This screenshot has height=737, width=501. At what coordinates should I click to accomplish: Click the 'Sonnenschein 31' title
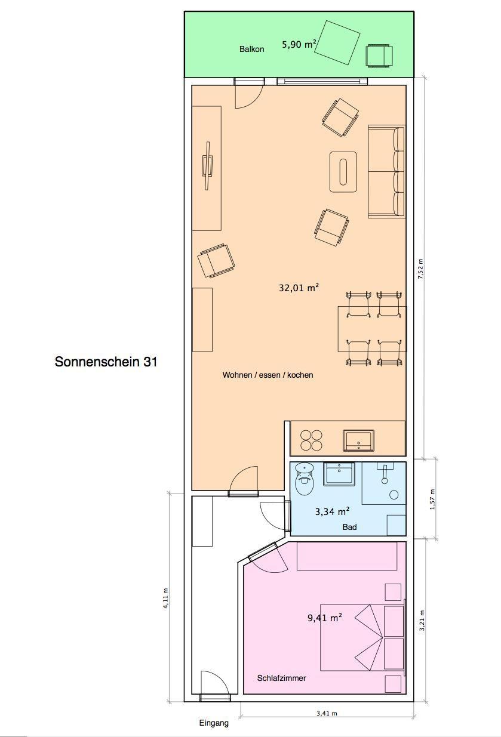pos(106,362)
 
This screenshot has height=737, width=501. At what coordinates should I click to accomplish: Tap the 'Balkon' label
pos(252,50)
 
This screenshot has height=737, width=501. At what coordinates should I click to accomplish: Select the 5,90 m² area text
pos(300,44)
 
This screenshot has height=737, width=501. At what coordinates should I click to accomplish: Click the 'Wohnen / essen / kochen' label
pos(268,375)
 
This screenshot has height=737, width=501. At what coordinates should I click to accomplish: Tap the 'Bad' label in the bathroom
pos(349,527)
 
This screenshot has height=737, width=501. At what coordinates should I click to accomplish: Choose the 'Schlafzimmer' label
pos(282,678)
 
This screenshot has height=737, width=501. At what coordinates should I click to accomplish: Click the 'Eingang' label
pos(214,723)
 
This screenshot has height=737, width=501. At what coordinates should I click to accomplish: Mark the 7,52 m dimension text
pos(420,269)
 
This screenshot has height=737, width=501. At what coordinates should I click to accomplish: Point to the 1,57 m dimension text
pos(432,499)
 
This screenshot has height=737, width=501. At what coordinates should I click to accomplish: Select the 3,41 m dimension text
pos(327,713)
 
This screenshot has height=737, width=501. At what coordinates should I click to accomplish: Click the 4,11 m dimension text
pos(165,599)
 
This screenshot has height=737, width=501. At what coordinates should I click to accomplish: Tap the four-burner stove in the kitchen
pos(311,440)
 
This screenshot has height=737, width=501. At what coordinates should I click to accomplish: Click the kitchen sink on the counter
pos(358,440)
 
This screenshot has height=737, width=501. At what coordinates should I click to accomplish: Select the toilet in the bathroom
pos(305,479)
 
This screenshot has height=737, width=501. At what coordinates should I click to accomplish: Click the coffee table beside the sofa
pos(343,172)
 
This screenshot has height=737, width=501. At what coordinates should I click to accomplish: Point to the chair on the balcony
pos(380,56)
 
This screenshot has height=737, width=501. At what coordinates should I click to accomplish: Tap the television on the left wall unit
pos(207,166)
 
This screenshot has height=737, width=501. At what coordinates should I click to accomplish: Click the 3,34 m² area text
pos(332,511)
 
